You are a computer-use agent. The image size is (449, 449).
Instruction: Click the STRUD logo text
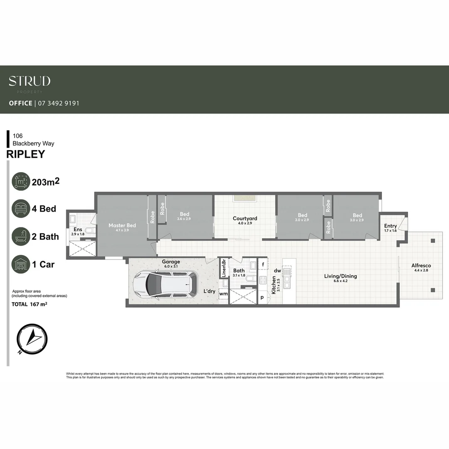30,81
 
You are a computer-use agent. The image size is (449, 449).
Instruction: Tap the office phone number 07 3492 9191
58,103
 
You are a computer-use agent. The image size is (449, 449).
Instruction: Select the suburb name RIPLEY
26,154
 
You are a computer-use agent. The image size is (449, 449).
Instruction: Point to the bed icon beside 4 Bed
21,209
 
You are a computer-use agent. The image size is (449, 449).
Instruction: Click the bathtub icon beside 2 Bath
21,237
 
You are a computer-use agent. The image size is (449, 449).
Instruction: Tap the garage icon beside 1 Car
21,264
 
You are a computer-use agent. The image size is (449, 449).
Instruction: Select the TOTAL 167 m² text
30,304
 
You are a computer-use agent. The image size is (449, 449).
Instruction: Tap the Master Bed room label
122,225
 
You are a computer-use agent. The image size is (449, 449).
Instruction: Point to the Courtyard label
245,218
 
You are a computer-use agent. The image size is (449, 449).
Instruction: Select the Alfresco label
421,265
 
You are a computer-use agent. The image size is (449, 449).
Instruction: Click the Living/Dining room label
340,276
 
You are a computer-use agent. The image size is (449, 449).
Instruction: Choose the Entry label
390,226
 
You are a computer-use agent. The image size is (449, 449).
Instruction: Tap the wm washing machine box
223,294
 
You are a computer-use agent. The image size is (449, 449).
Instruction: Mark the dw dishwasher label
277,271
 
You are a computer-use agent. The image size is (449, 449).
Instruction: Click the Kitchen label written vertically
274,285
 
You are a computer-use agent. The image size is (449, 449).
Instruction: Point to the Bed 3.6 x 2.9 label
185,214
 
